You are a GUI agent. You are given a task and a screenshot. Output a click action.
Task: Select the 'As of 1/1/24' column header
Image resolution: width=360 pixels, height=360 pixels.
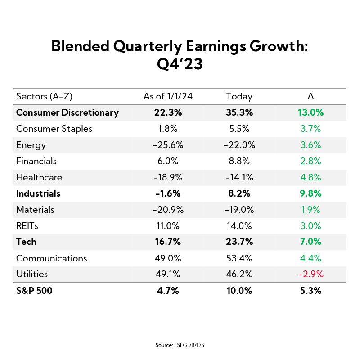coord(161,96)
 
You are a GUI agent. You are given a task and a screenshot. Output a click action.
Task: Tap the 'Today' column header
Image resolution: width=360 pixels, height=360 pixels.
coord(239,96)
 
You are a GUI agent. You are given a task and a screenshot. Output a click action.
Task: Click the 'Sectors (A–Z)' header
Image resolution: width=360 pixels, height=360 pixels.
coord(45,96)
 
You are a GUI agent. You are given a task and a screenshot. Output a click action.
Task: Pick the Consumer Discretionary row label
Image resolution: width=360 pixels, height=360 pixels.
coord(67,112)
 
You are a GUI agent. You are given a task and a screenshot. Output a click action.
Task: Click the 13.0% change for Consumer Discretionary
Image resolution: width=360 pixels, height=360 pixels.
coord(310,112)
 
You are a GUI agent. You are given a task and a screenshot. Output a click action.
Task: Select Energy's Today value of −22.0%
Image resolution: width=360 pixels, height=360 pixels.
coord(240,145)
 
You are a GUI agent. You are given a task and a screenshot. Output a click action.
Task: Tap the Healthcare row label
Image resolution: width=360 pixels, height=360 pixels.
coord(39,177)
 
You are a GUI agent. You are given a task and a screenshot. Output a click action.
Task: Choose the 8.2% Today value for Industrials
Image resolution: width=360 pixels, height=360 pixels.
coord(240,193)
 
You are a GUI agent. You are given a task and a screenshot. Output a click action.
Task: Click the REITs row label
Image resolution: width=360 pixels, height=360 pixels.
coord(28,225)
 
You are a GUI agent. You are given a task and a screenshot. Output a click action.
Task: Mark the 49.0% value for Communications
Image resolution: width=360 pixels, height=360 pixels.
coord(161,258)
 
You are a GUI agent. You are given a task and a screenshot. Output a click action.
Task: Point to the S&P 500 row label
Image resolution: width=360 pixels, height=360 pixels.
coord(34,291)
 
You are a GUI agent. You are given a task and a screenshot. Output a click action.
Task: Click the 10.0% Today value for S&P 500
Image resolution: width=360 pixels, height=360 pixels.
coord(240,291)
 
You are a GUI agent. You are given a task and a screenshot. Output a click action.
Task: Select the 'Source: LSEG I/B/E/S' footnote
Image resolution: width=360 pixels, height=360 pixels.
coord(180,345)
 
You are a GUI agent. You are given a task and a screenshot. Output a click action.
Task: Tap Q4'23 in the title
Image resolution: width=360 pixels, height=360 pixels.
coord(180,64)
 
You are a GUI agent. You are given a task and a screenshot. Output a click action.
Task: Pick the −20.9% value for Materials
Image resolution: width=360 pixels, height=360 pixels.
coord(161,210)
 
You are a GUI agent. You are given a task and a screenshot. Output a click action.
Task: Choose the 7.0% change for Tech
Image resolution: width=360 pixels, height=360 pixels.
coord(310,242)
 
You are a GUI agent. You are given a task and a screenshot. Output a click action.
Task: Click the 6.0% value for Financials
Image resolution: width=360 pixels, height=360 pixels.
coord(161,161)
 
